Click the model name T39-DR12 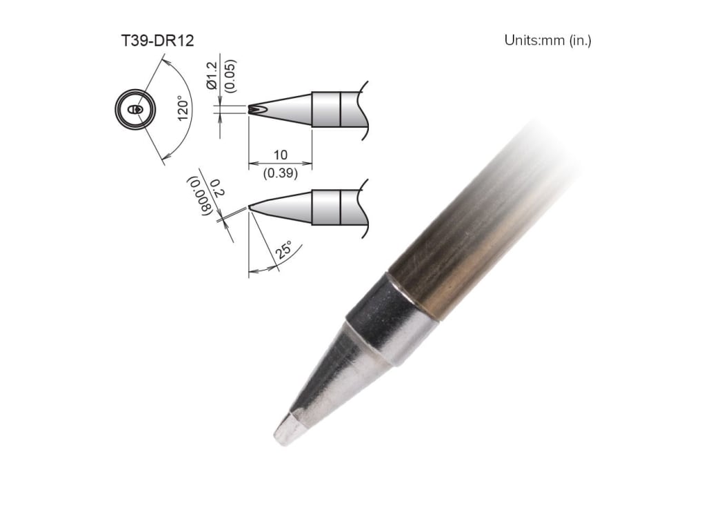pos(157,41)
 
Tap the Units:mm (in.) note pos(547,40)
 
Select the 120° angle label pos(182,108)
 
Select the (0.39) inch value pos(280,174)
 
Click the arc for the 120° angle pos(185,138)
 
